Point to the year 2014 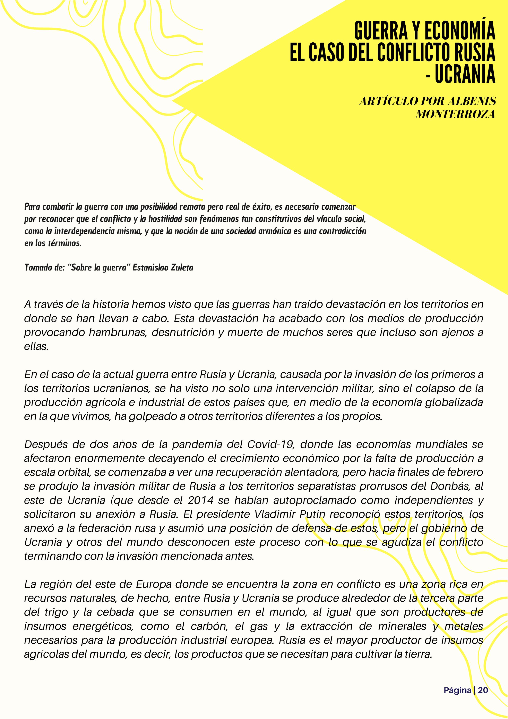pos(200,500)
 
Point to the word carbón pos(210,626)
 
